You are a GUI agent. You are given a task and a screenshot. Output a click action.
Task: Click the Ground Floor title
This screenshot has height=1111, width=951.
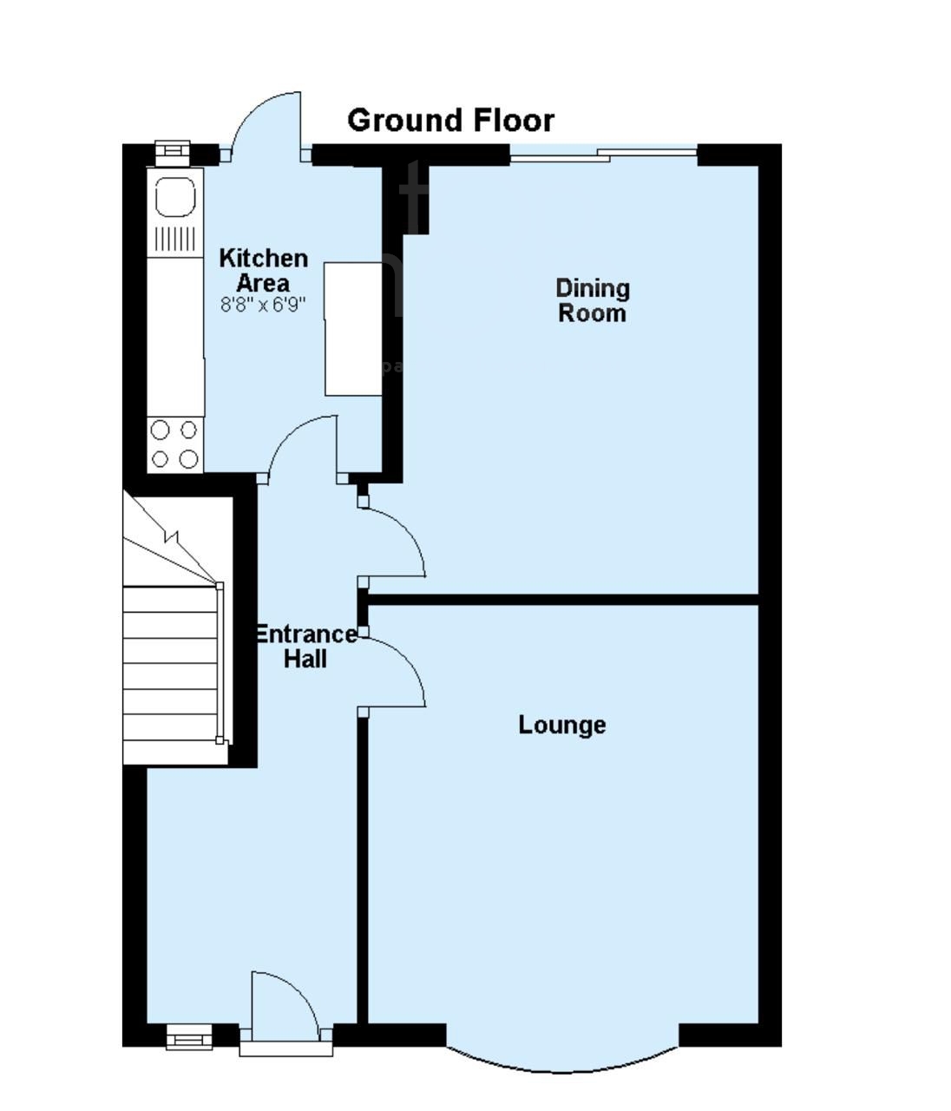click(450, 120)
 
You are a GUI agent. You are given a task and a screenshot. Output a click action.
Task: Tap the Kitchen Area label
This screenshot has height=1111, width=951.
click(263, 270)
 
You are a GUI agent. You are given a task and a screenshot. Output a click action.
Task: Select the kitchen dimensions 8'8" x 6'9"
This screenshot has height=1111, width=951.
click(263, 305)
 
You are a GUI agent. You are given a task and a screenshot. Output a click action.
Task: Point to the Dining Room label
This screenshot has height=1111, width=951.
click(592, 300)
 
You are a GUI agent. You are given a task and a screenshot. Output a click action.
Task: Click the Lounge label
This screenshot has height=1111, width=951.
click(561, 725)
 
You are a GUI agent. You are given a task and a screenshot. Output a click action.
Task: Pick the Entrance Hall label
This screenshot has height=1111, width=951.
click(305, 647)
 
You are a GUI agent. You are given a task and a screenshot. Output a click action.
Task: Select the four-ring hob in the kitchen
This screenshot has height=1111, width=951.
click(174, 444)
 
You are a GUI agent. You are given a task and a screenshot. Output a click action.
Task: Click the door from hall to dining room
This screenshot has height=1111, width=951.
click(395, 542)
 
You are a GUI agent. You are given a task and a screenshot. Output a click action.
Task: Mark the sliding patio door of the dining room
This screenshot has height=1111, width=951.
click(604, 155)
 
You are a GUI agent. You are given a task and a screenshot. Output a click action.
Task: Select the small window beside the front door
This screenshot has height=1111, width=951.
click(189, 1035)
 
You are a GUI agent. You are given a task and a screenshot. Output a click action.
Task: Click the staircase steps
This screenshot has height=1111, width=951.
click(170, 664)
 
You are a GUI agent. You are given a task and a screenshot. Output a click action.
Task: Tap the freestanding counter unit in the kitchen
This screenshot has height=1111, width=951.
click(353, 330)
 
